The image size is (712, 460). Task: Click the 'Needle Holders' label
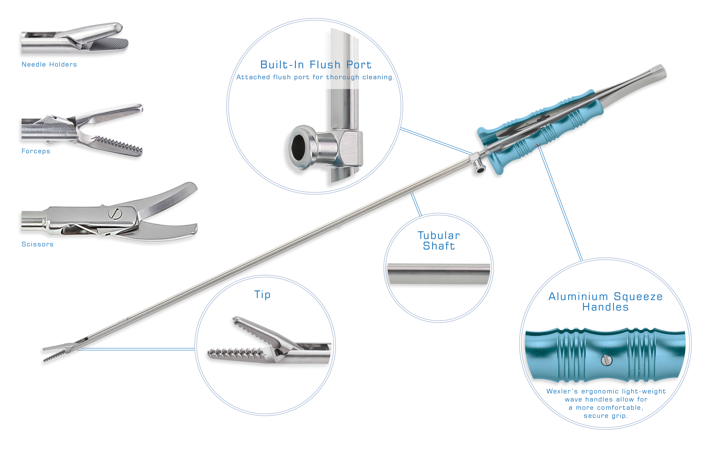click(x=49, y=64)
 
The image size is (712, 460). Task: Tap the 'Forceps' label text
click(x=36, y=151)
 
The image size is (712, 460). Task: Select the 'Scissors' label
click(x=37, y=244)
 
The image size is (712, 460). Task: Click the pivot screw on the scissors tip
click(x=115, y=214)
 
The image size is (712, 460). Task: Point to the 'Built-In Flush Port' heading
click(x=316, y=64)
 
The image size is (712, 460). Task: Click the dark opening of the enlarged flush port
click(x=298, y=147)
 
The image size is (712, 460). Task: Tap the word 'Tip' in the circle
click(x=262, y=295)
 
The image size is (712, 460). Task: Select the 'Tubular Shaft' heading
click(x=439, y=241)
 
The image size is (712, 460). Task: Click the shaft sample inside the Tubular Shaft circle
click(x=439, y=274)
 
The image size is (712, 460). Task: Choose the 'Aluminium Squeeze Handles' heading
click(x=605, y=302)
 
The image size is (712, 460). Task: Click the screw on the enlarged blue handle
click(x=607, y=360)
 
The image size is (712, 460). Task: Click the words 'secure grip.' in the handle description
click(x=606, y=416)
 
